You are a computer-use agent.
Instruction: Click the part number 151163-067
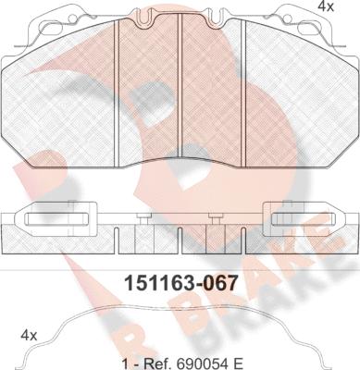pyautogui.click(x=180, y=283)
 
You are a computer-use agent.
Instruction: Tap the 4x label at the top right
pyautogui.click(x=326, y=6)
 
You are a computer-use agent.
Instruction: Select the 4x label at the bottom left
pyautogui.click(x=29, y=335)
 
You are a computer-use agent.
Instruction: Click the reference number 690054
pyautogui.click(x=198, y=364)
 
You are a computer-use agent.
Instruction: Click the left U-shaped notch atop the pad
pyautogui.click(x=144, y=18)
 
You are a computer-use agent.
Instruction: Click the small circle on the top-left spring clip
pyautogui.click(x=72, y=19)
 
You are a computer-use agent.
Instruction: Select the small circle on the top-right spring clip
pyautogui.click(x=288, y=19)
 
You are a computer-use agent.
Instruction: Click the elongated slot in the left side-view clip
pyautogui.click(x=56, y=219)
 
